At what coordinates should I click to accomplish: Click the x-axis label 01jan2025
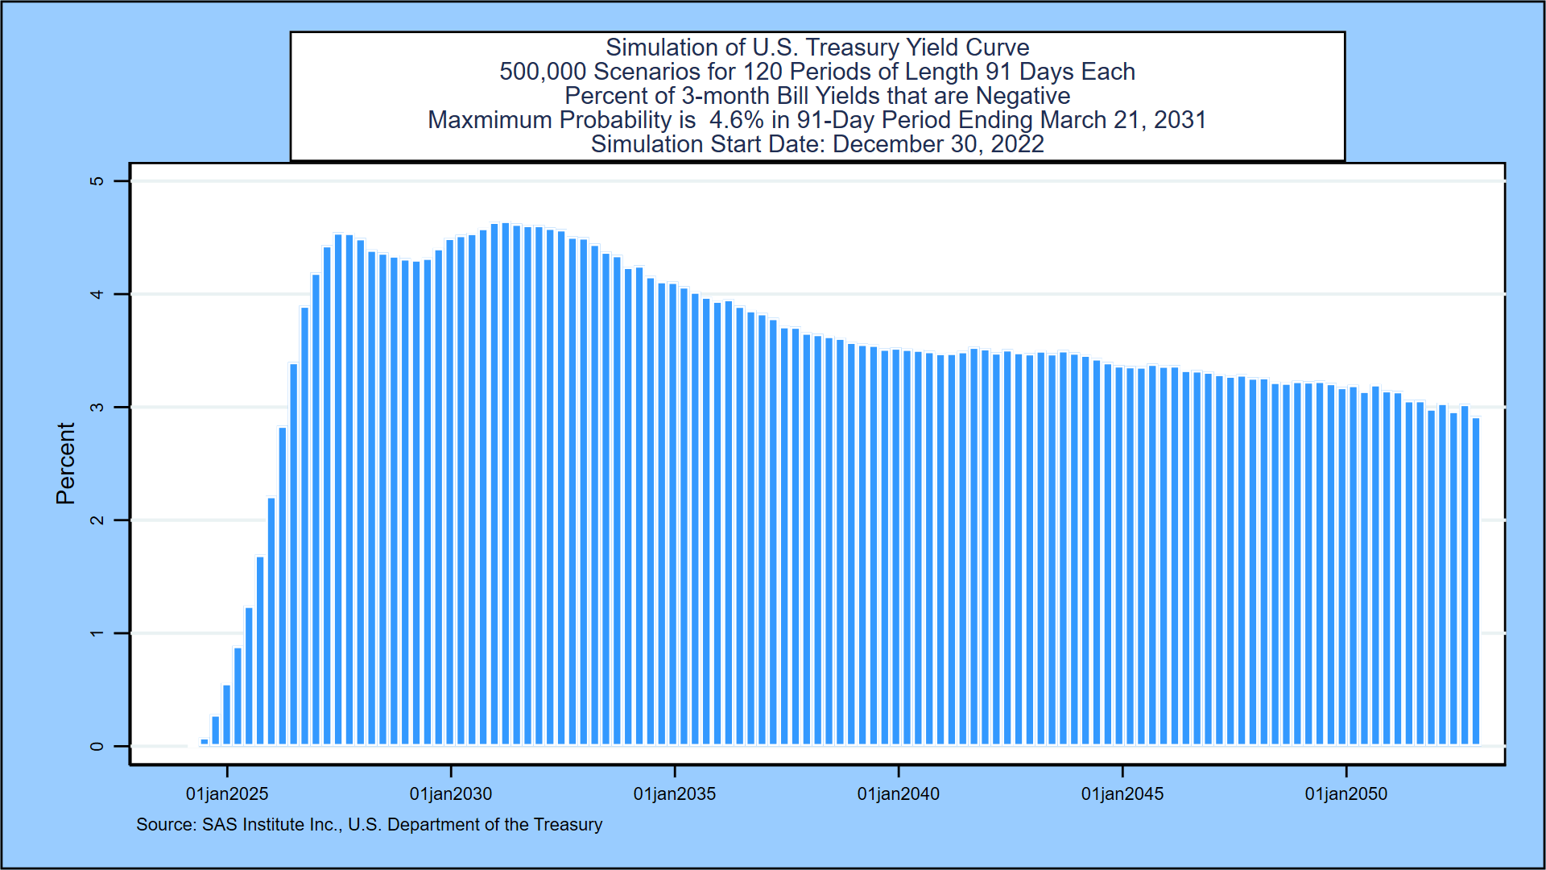point(226,794)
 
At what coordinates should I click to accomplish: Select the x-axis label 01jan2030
point(450,794)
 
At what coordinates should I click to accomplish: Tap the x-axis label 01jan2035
point(674,794)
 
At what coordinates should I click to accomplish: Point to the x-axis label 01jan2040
point(898,794)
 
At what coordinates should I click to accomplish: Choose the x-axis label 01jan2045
point(1122,794)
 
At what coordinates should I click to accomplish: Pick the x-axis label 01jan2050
point(1346,794)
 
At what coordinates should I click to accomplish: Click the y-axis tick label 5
point(97,181)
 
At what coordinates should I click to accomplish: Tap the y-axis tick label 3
point(97,408)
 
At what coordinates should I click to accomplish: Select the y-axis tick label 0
point(97,747)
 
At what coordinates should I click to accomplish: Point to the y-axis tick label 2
point(97,520)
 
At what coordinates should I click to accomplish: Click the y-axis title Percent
point(65,463)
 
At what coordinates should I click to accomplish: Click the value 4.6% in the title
point(736,120)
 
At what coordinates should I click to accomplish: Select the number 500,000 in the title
point(542,72)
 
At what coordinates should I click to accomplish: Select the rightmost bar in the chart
point(1476,580)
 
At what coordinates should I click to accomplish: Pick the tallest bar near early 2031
point(506,483)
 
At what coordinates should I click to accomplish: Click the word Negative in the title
point(1023,96)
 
